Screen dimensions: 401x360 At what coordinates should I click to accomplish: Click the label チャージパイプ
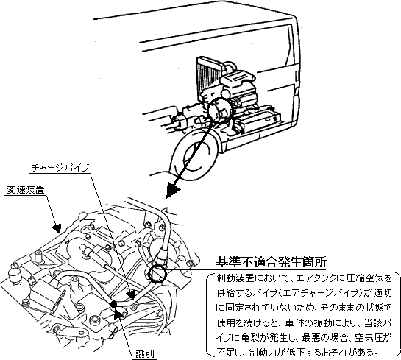click(60, 168)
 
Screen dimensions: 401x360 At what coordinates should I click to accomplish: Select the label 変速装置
click(26, 190)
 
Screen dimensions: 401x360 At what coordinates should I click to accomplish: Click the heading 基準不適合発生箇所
click(271, 262)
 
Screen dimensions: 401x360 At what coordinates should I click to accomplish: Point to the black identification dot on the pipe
click(114, 304)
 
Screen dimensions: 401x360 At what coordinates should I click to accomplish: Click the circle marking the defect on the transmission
click(157, 274)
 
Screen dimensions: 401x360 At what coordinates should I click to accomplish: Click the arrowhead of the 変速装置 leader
click(57, 228)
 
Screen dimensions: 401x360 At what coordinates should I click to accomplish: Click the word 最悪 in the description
click(311, 338)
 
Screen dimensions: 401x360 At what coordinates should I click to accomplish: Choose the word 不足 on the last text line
click(226, 353)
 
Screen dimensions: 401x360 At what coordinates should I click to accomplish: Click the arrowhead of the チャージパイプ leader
click(130, 294)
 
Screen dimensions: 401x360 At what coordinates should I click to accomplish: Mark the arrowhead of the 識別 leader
click(118, 313)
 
